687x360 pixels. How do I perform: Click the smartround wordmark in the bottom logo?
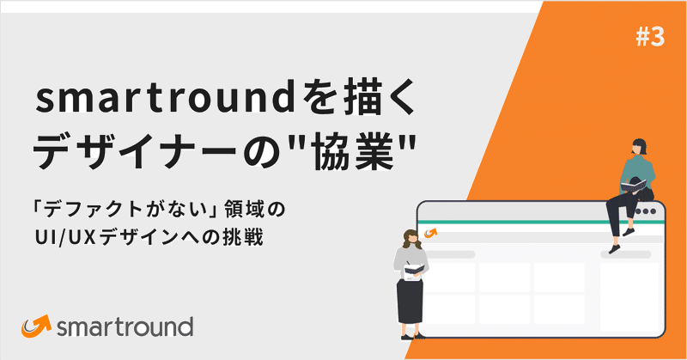[125, 327]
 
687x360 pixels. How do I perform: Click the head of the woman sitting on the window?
[640, 147]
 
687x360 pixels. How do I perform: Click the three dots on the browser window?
[650, 211]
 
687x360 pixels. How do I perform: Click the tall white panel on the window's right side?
[632, 292]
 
